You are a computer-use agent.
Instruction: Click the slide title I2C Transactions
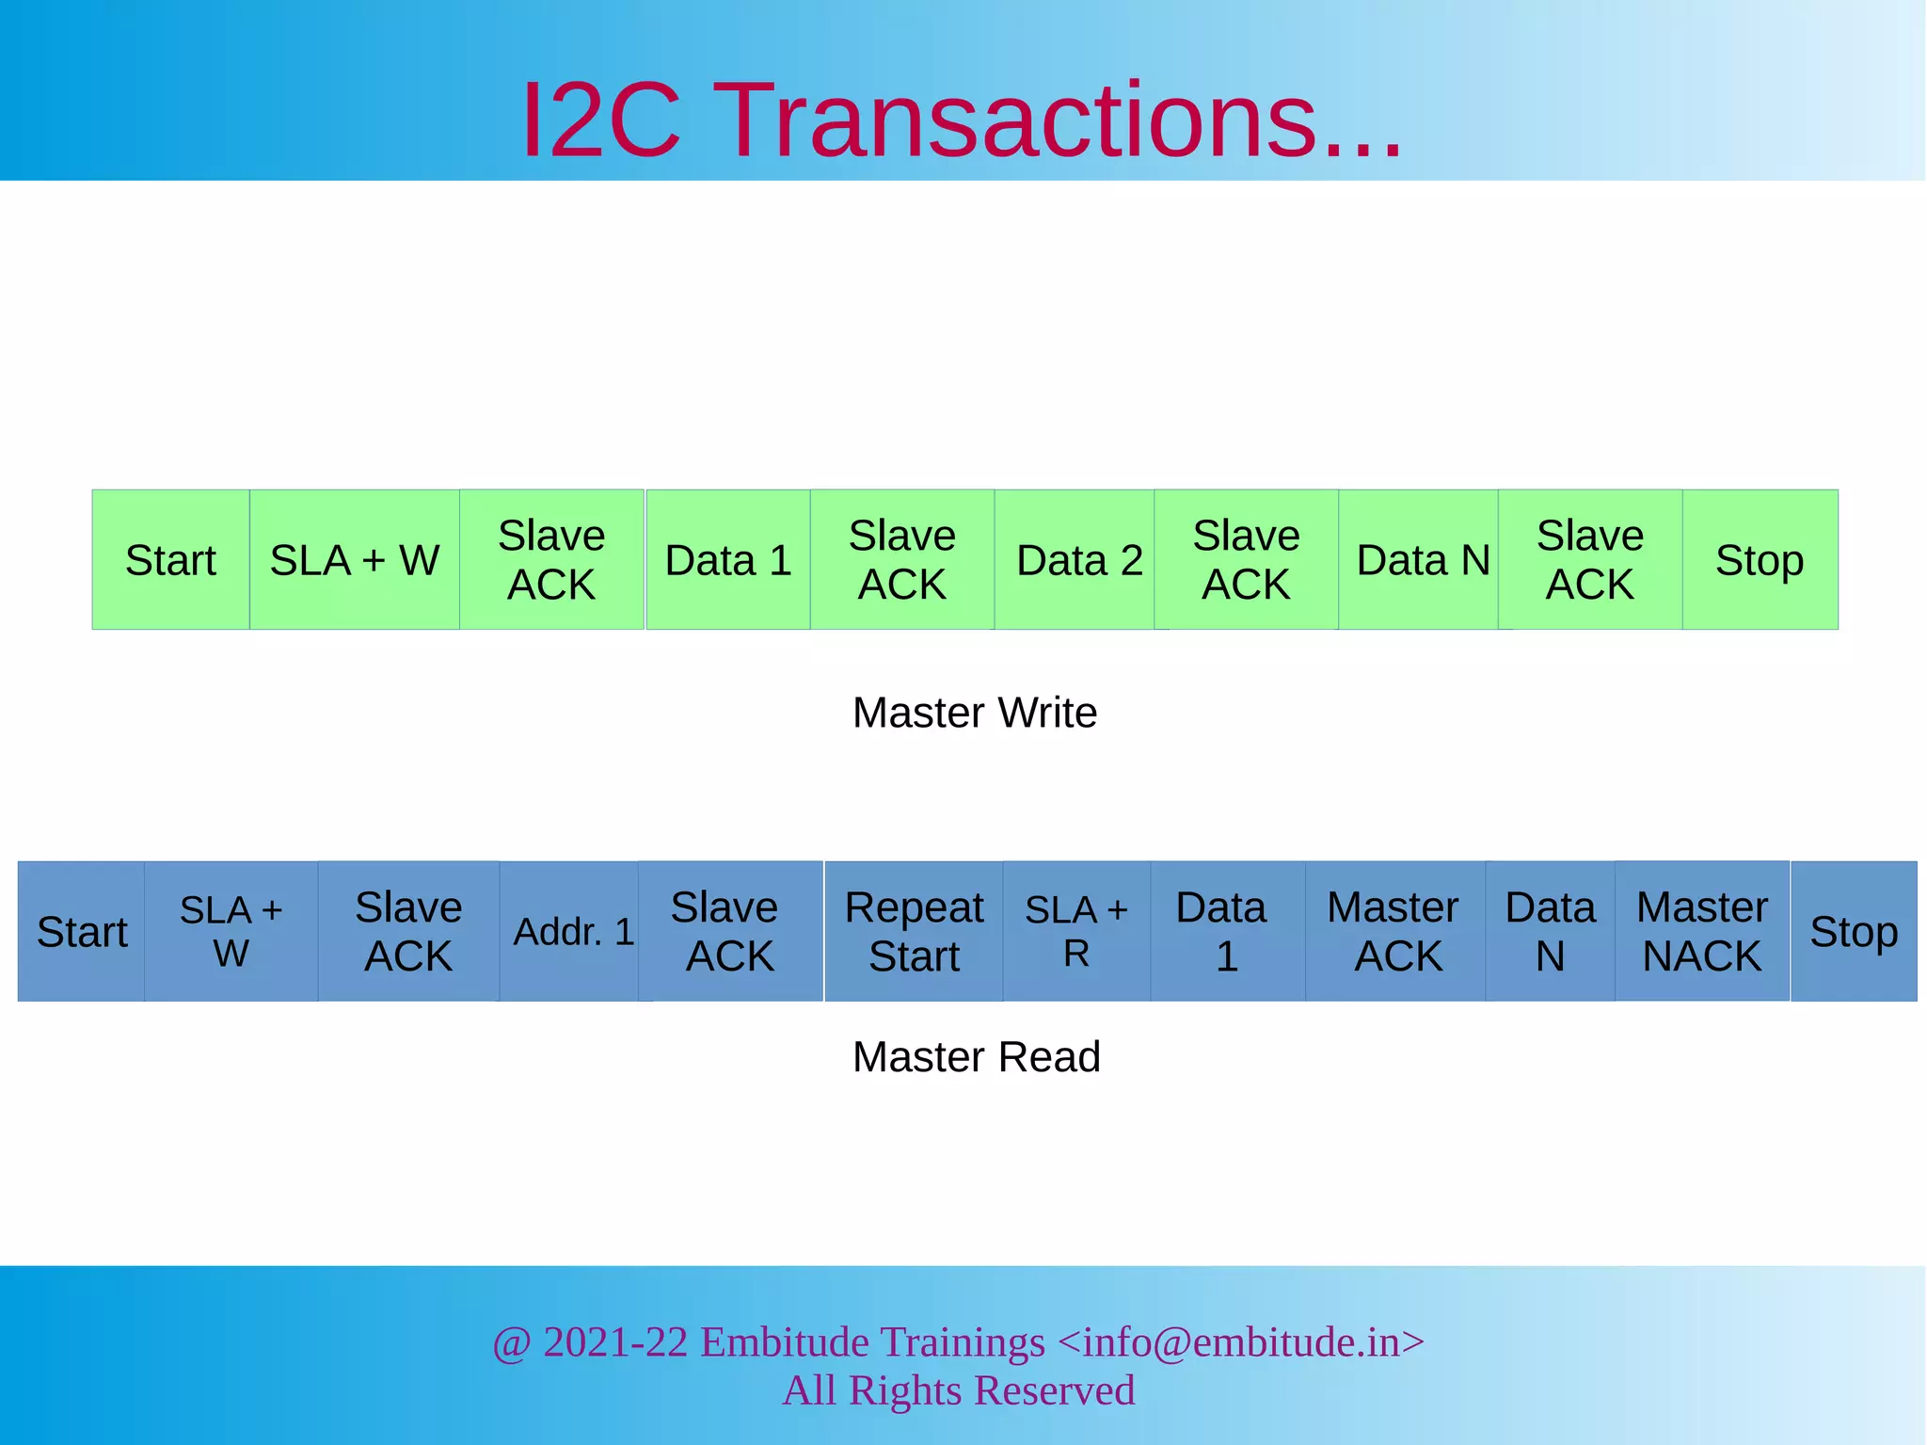(x=962, y=120)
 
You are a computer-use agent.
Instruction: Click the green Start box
(x=170, y=560)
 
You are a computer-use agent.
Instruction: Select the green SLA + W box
(x=355, y=560)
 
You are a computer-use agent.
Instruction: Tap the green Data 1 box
(x=728, y=560)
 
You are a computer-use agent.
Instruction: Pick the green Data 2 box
(x=1078, y=560)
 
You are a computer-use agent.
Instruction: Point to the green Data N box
(x=1422, y=560)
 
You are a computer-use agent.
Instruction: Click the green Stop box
(x=1760, y=560)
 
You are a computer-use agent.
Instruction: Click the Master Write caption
(x=975, y=713)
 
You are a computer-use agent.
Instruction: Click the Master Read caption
(x=976, y=1056)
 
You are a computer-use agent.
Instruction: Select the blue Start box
(x=82, y=932)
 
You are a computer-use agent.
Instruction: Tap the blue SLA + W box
(x=231, y=932)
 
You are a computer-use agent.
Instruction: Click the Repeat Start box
(x=914, y=932)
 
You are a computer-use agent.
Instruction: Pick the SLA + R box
(x=1076, y=932)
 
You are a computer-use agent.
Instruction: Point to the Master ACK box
(x=1394, y=932)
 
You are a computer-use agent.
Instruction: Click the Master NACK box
(x=1701, y=932)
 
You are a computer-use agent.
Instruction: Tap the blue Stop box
(x=1854, y=932)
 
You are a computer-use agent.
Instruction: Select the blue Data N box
(x=1550, y=932)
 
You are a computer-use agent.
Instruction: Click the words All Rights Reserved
(x=959, y=1390)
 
